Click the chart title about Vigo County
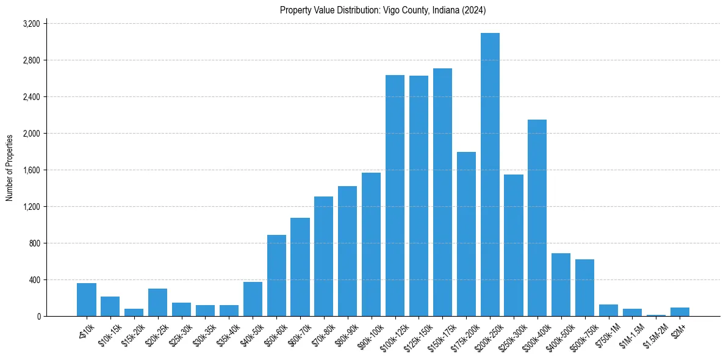pos(383,10)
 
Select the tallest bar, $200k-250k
pos(490,175)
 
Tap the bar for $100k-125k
pos(395,195)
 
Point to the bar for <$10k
pos(87,300)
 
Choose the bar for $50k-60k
pos(276,275)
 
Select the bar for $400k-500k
pos(561,284)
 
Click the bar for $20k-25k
pos(157,302)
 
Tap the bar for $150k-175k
pos(442,192)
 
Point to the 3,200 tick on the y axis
pos(31,24)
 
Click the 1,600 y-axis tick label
pos(31,170)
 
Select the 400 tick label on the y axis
pos(34,280)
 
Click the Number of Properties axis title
pos(10,168)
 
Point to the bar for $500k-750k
pos(584,287)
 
